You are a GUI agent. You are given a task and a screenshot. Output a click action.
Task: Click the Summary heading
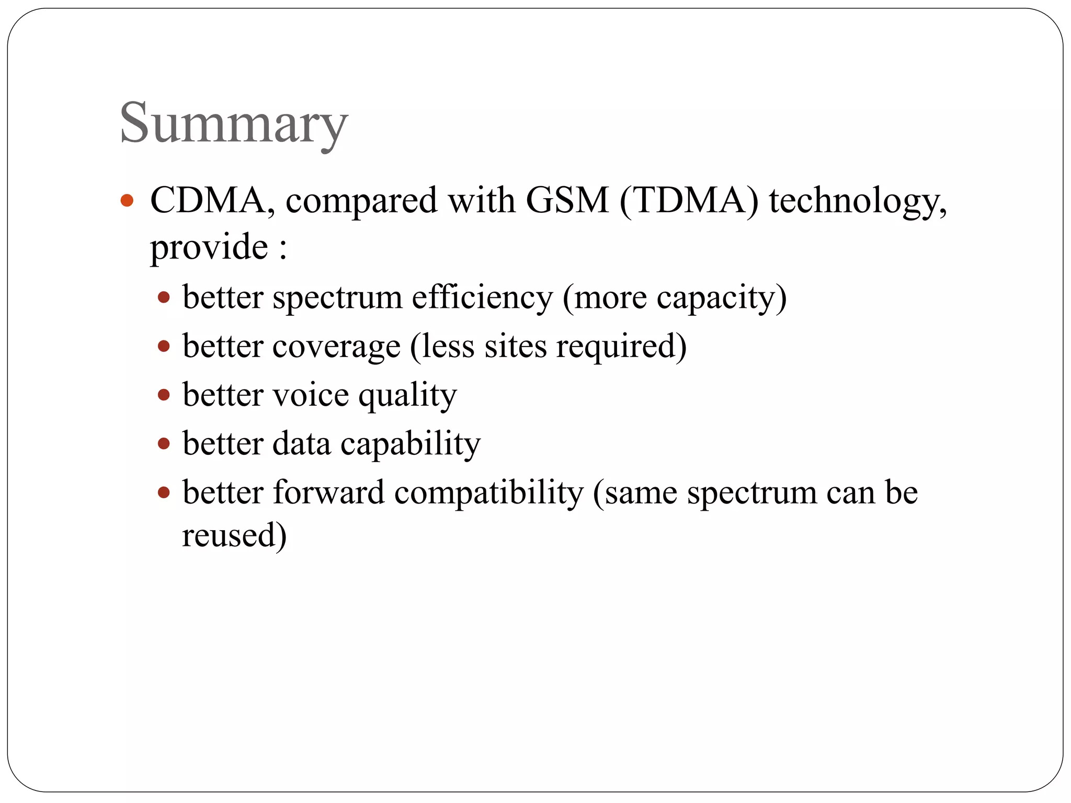pyautogui.click(x=233, y=124)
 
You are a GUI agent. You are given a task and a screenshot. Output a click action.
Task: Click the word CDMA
pyautogui.click(x=208, y=200)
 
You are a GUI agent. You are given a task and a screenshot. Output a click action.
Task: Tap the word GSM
pyautogui.click(x=567, y=200)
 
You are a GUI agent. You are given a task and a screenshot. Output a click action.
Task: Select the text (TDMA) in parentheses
pyautogui.click(x=689, y=200)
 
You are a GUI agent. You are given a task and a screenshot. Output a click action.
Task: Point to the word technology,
pyautogui.click(x=858, y=201)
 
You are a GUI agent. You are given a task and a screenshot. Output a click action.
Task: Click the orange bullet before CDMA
pyautogui.click(x=127, y=200)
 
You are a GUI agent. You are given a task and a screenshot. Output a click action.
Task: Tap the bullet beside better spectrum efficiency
pyautogui.click(x=164, y=297)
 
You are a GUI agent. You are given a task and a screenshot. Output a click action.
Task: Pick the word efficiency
pyautogui.click(x=482, y=297)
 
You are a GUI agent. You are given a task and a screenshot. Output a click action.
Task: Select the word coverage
pyautogui.click(x=336, y=347)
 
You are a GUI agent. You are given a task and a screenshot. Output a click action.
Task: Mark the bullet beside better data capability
pyautogui.click(x=164, y=444)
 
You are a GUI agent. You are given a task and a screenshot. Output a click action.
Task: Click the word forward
pyautogui.click(x=328, y=492)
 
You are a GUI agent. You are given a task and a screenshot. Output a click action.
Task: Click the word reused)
pyautogui.click(x=234, y=535)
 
